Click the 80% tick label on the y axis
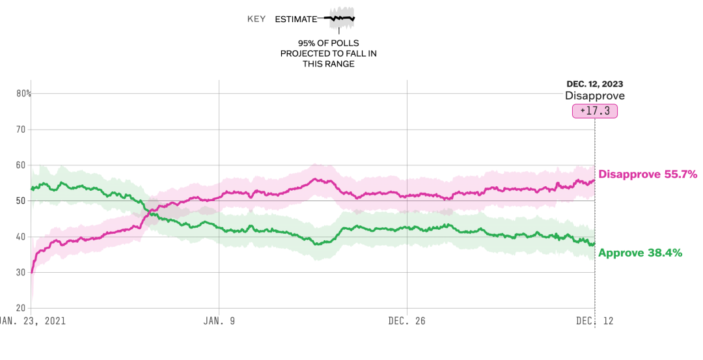coord(24,93)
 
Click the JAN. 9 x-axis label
coord(219,321)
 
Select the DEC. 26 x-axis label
coord(407,321)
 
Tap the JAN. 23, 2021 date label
coord(33,321)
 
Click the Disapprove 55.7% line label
coord(648,174)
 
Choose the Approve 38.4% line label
coord(640,253)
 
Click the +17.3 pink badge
coord(594,111)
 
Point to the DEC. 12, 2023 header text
coord(595,84)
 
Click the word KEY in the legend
coord(256,19)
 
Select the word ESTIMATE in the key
coord(296,19)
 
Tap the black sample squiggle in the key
coord(339,19)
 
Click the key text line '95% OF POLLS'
coord(329,42)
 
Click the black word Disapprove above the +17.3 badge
coord(594,96)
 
